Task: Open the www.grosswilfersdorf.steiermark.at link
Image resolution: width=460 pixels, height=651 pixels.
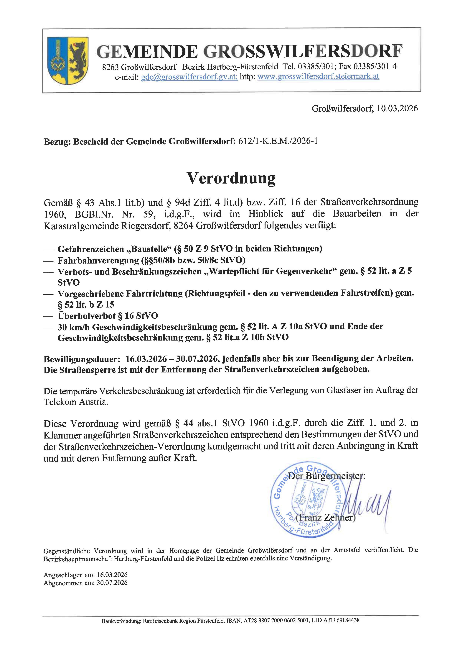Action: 318,77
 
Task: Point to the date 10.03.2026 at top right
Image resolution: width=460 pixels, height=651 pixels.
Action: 397,109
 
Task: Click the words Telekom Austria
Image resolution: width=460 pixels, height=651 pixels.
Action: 76,402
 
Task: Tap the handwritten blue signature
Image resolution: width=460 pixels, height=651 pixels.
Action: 368,502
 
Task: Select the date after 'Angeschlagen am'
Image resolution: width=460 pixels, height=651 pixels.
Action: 112,575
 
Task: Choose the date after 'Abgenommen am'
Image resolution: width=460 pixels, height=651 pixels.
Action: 112,583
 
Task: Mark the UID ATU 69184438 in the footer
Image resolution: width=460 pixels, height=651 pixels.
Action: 336,629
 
